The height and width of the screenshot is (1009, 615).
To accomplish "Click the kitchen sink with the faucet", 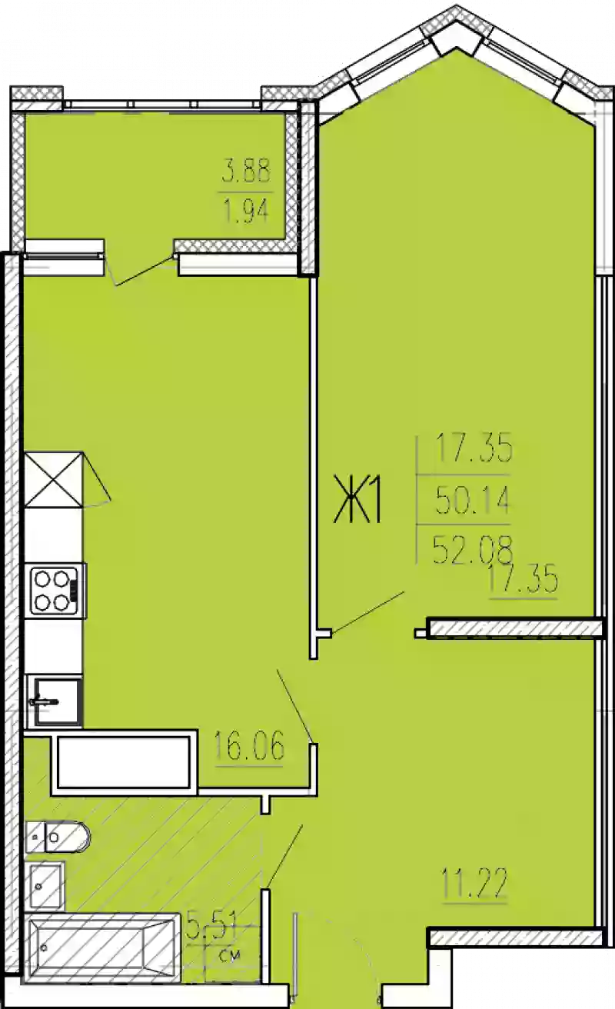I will [x=56, y=701].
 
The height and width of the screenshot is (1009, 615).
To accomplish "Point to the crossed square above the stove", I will [x=53, y=480].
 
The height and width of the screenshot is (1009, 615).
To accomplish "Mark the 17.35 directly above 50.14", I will [x=474, y=449].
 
